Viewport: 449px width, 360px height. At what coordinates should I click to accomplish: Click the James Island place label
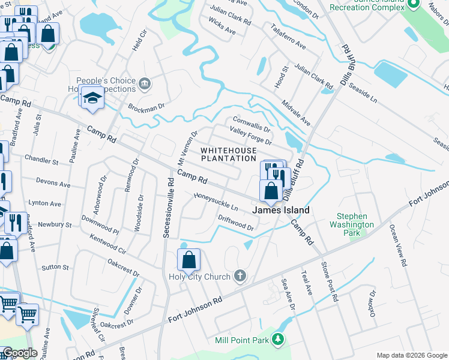click(x=281, y=211)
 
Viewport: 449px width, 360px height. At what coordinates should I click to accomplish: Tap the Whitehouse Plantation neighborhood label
click(x=228, y=154)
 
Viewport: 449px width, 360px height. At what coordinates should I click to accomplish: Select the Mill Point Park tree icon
click(x=277, y=340)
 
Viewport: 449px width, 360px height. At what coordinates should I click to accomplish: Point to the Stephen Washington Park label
click(x=355, y=220)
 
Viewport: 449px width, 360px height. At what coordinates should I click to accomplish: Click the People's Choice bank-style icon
click(x=144, y=83)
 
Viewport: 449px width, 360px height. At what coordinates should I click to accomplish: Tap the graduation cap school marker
click(x=93, y=97)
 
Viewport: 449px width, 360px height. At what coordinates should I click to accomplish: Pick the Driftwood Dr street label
click(x=236, y=223)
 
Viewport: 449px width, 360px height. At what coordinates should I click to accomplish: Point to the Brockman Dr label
click(x=146, y=107)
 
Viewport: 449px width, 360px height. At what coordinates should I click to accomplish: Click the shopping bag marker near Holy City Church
click(x=188, y=260)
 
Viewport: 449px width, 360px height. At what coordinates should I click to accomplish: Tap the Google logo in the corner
click(x=20, y=353)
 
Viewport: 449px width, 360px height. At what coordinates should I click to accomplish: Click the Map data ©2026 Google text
click(x=412, y=355)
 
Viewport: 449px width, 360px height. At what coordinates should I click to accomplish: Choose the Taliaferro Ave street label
click(x=288, y=37)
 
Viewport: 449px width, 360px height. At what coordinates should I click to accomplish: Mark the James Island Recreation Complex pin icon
click(x=412, y=4)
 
